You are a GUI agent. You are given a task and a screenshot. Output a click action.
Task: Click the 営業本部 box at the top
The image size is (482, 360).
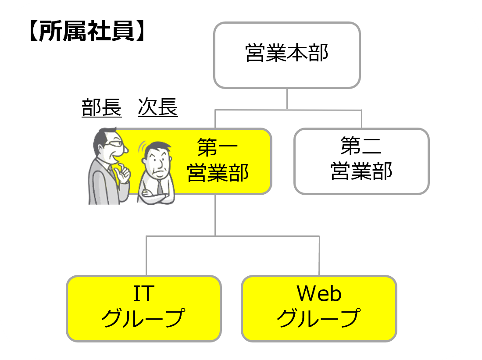[287, 55]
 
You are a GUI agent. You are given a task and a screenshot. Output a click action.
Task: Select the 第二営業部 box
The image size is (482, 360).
[361, 161]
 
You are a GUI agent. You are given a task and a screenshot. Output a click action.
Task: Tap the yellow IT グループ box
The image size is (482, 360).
[143, 309]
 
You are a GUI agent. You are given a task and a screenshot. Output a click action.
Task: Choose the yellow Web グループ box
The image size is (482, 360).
[319, 309]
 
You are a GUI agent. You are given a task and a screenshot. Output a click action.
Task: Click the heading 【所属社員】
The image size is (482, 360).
[86, 32]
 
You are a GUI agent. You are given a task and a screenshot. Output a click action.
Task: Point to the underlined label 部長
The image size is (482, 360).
[101, 107]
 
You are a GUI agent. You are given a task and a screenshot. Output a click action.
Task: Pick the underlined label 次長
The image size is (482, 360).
[157, 107]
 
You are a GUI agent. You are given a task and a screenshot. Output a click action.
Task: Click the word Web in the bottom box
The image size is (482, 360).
[319, 294]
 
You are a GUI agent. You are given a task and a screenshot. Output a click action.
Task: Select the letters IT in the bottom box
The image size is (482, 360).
[143, 294]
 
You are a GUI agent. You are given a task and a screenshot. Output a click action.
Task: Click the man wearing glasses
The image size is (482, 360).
[107, 167]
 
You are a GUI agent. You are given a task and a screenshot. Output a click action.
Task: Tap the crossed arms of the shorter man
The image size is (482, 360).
[156, 197]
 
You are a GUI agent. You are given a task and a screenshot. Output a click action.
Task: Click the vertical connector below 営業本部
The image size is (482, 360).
[287, 99]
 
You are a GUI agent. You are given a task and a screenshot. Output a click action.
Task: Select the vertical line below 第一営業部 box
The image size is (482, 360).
[215, 215]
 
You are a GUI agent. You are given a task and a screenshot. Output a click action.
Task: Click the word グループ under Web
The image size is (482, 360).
[319, 318]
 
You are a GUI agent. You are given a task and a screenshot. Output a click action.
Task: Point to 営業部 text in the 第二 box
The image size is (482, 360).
[361, 172]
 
